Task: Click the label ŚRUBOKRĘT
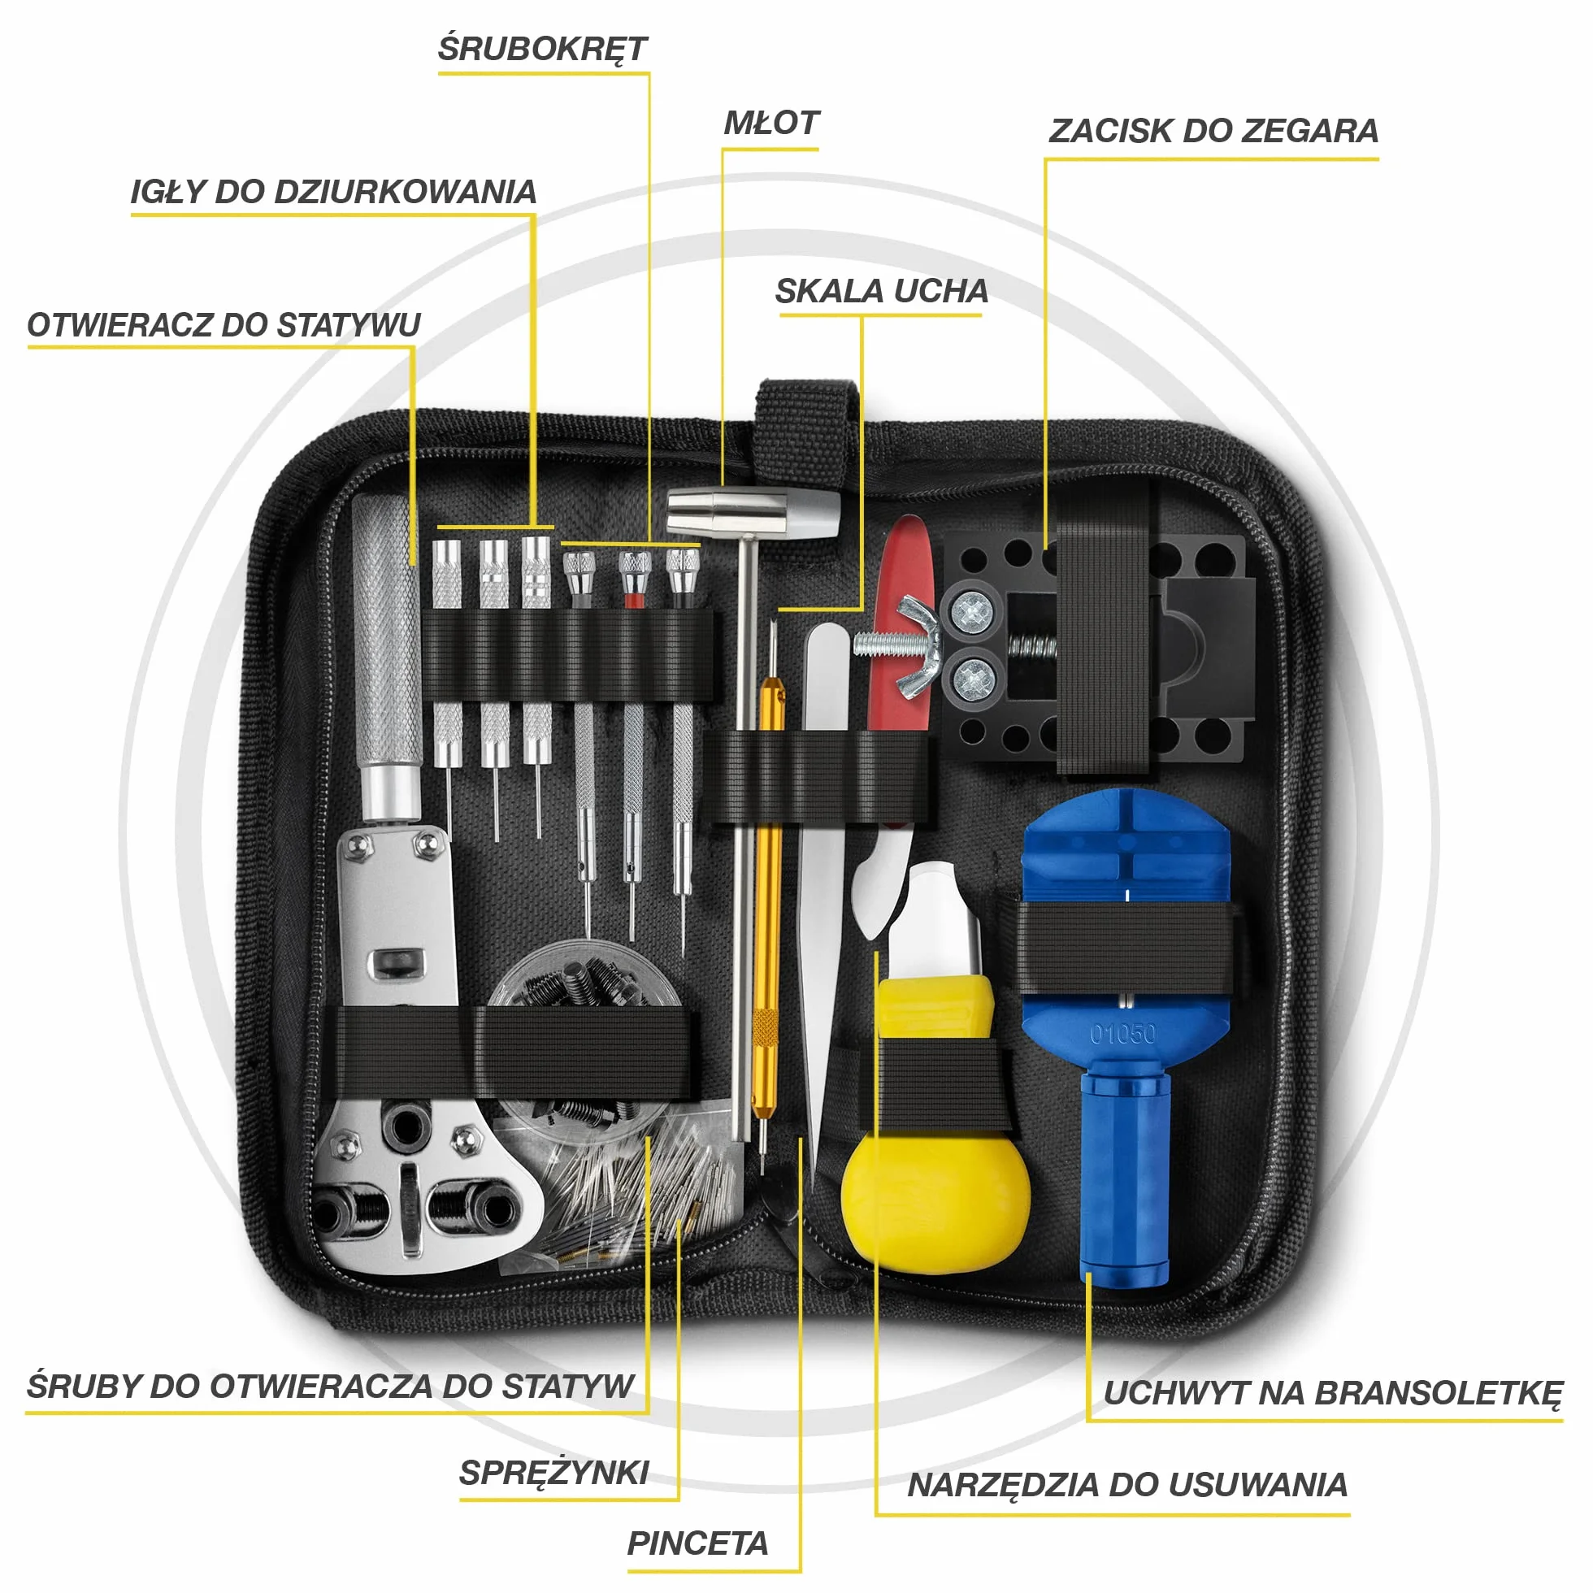click(x=542, y=49)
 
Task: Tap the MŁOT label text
click(x=770, y=123)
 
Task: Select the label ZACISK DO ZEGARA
click(x=1213, y=130)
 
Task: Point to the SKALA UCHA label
click(x=880, y=290)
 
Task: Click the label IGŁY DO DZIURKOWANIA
click(x=333, y=191)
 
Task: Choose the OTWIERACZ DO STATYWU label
click(x=224, y=324)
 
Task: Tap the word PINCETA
click(x=697, y=1543)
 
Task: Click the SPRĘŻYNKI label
click(x=554, y=1473)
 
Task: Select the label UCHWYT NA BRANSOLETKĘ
click(x=1332, y=1392)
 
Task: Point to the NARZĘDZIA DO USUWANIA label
click(x=1127, y=1484)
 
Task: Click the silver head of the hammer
click(x=752, y=511)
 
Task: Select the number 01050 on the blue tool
click(x=1122, y=1033)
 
